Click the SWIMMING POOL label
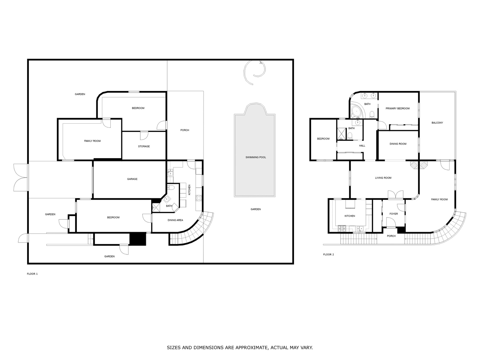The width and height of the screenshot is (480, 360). coord(256,157)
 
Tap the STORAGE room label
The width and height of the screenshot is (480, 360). coord(144,146)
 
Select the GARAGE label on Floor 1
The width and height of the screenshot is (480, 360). coord(132,179)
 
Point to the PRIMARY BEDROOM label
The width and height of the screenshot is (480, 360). coord(397,108)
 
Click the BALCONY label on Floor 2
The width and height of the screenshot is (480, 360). coord(437,123)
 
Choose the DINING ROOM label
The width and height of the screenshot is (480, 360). coord(398,144)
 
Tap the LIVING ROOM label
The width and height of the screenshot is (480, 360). coord(383,178)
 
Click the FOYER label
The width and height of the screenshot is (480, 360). coord(394,214)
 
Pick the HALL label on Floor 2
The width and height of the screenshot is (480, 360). coord(362,145)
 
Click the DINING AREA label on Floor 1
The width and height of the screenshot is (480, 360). coord(175,220)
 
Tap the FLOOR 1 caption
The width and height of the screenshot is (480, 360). coord(32,274)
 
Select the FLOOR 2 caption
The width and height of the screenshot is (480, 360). coord(328,254)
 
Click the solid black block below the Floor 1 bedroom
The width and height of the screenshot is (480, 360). coord(138,239)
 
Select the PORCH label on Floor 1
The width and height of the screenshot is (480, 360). coord(185,130)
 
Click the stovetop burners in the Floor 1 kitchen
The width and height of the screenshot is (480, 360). coord(199,198)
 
